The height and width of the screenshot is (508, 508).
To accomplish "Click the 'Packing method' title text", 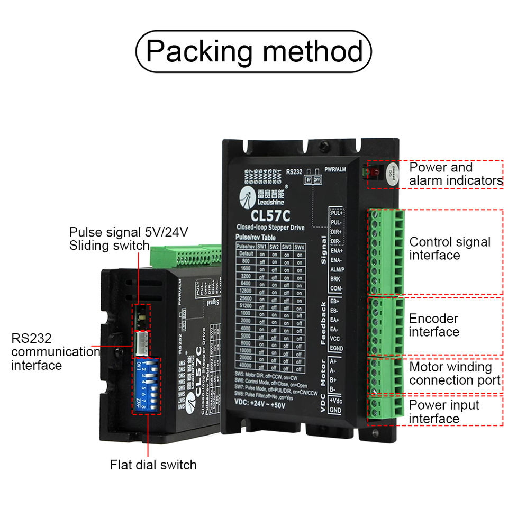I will pyautogui.click(x=254, y=51).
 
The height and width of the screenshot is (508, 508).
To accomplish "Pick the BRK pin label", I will pyautogui.click(x=335, y=279).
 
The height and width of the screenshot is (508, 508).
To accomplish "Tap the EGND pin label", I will pyautogui.click(x=336, y=348).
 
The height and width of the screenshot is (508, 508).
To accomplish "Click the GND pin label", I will pyautogui.click(x=335, y=410).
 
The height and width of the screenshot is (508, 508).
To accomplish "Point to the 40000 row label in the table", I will pyautogui.click(x=245, y=365).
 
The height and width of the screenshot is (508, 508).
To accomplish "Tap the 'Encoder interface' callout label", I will pyautogui.click(x=434, y=325).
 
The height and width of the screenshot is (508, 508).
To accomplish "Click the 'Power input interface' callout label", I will pyautogui.click(x=437, y=412).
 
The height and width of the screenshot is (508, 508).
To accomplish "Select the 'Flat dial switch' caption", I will pyautogui.click(x=153, y=465).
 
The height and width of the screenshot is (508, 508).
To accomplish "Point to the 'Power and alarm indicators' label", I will pyautogui.click(x=456, y=174).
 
